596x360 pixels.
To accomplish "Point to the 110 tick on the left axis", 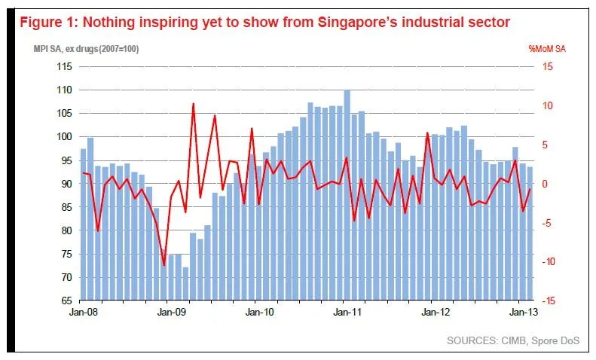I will [x=63, y=90].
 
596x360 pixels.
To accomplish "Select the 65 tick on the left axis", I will [x=66, y=301].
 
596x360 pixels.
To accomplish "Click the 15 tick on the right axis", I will [x=548, y=66].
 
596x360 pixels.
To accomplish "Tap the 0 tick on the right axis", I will [x=545, y=184].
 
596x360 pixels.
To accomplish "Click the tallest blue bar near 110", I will [x=347, y=195].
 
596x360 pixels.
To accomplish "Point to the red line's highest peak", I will [x=194, y=104].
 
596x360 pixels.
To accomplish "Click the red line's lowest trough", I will [x=164, y=265].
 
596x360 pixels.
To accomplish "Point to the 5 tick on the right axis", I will [x=545, y=145].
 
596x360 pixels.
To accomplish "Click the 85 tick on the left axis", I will [x=66, y=207].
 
